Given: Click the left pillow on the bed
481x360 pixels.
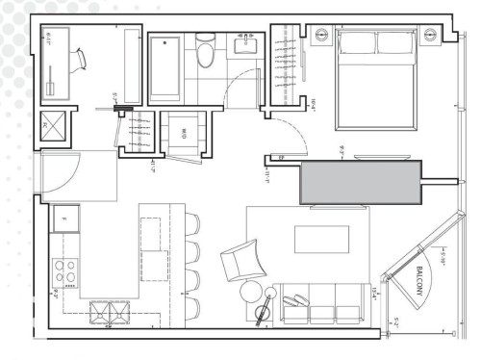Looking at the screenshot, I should (357, 42).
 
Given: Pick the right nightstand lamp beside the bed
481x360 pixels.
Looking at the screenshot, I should (427, 35).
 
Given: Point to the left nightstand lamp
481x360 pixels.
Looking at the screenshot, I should (320, 35).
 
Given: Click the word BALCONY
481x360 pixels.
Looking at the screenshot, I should (424, 286).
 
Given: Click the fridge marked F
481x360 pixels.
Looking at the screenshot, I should (65, 220).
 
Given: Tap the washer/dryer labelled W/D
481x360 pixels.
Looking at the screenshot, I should (180, 132).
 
